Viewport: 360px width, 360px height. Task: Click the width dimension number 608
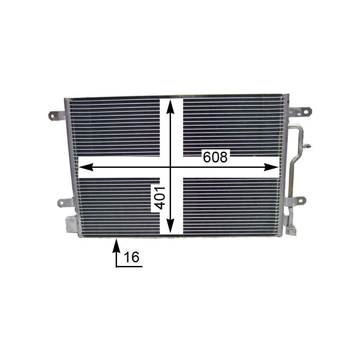tap(216, 157)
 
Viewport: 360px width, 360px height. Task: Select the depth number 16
tap(131, 257)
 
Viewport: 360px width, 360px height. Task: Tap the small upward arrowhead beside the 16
tap(116, 245)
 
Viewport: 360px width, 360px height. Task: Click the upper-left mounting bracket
tap(56, 115)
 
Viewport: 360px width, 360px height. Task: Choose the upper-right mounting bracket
tap(300, 112)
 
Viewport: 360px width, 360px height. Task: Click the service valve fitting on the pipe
tap(308, 145)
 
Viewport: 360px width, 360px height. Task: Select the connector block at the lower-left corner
tap(72, 224)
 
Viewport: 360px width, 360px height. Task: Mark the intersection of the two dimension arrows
tap(170, 167)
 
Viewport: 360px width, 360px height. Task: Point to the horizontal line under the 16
tap(129, 267)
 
